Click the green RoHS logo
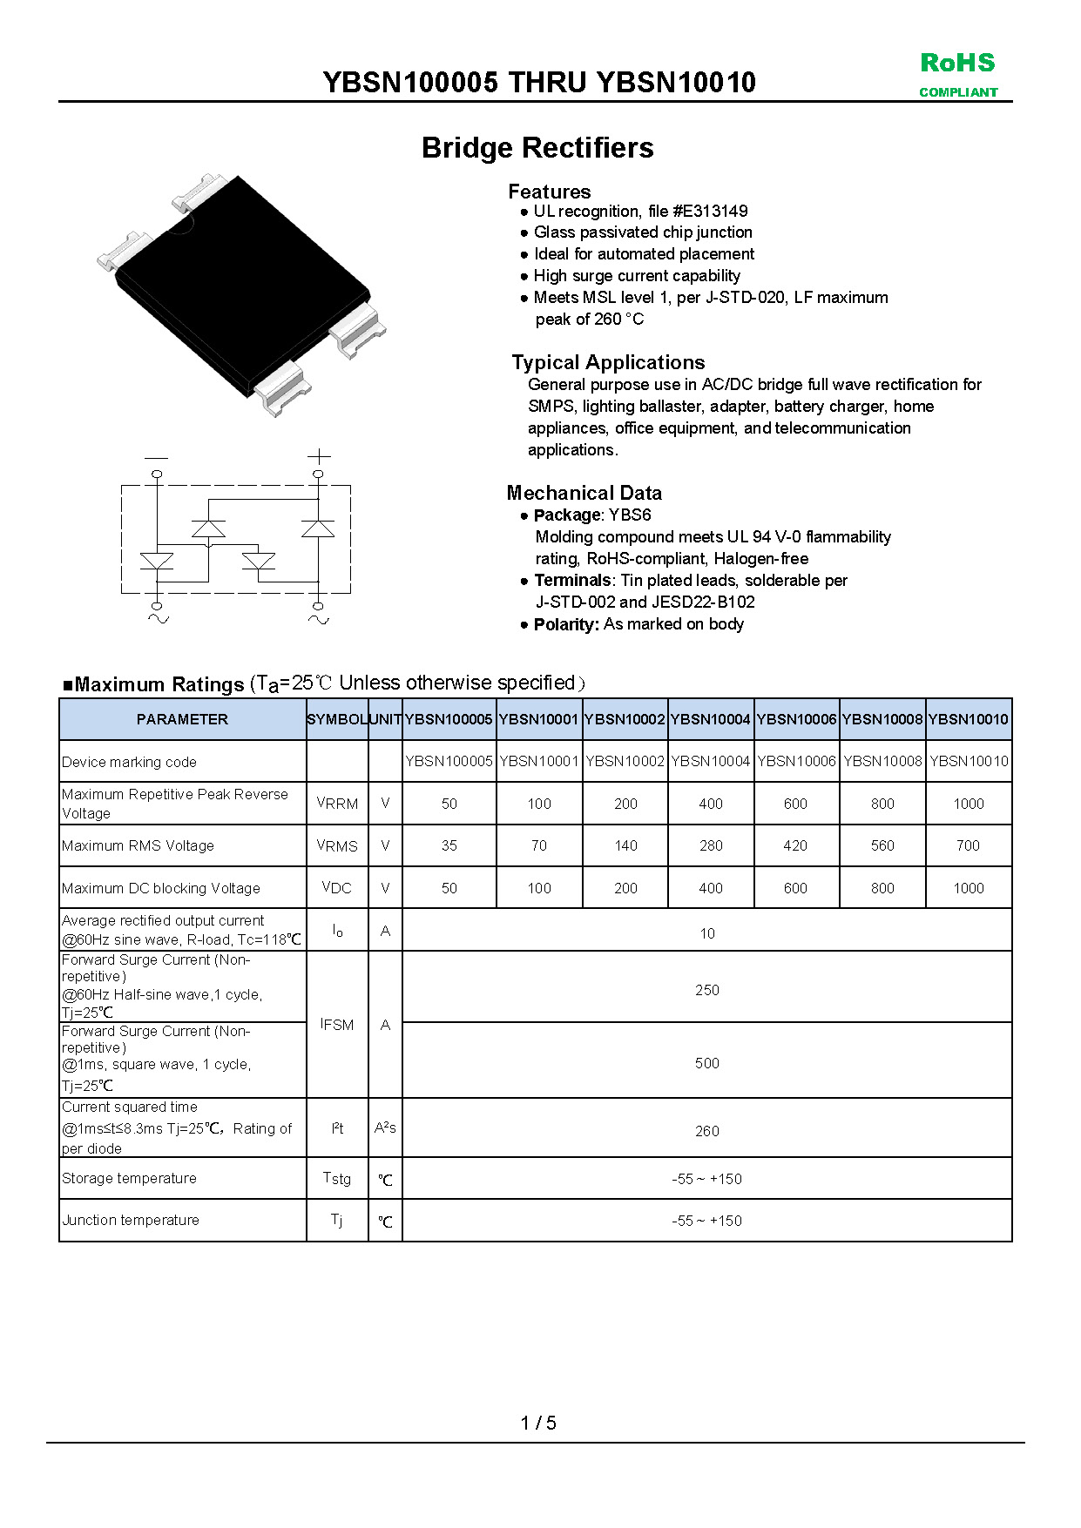click(x=957, y=64)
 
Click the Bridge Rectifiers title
click(x=537, y=148)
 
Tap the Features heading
click(x=549, y=192)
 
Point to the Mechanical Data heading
click(x=584, y=493)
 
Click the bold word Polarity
click(x=565, y=624)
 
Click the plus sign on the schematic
click(x=319, y=456)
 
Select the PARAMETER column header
click(x=182, y=719)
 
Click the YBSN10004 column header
click(x=710, y=719)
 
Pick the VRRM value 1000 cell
click(x=968, y=804)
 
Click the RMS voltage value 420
click(x=795, y=845)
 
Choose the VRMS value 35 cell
click(x=449, y=845)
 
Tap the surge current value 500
click(x=706, y=1063)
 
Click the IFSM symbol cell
click(x=337, y=1025)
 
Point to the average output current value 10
click(x=706, y=933)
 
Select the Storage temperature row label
click(x=130, y=1178)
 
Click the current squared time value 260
click(x=706, y=1131)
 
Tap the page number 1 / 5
click(x=538, y=1423)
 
